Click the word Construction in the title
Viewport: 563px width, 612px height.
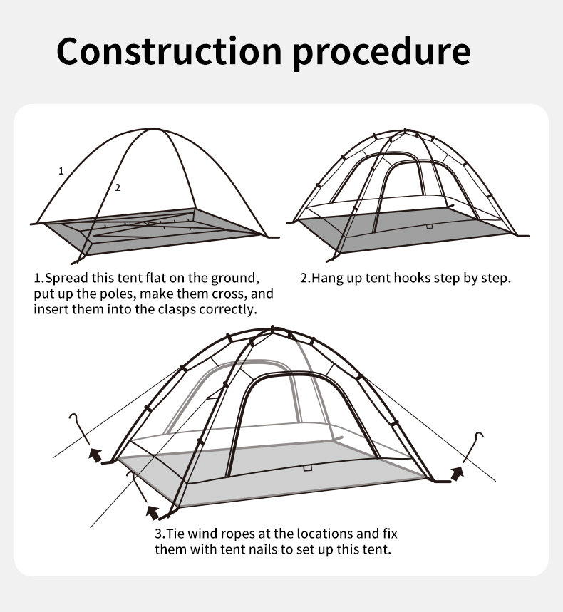tap(169, 51)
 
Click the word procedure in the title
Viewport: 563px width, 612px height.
tap(381, 53)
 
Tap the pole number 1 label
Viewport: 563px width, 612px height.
tap(61, 171)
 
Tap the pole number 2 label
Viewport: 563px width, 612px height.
tap(118, 188)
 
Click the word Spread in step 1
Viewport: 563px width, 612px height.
tap(67, 279)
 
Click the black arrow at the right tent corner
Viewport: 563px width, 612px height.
tap(458, 473)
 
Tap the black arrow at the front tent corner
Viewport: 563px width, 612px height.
tap(153, 512)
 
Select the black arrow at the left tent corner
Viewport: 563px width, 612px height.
tap(95, 455)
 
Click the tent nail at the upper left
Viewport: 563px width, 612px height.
tap(81, 430)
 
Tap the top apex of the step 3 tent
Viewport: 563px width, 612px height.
tap(272, 328)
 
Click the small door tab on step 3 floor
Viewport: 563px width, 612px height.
tap(308, 468)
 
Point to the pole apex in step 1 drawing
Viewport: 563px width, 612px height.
tap(154, 128)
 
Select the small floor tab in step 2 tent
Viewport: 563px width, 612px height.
tap(429, 227)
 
